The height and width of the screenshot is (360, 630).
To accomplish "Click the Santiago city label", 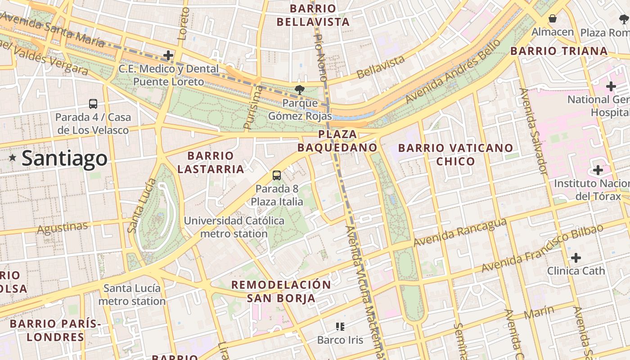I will [x=64, y=158].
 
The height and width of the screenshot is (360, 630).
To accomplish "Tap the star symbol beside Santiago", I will [x=13, y=158].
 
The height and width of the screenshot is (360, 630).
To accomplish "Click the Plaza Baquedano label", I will [x=337, y=141].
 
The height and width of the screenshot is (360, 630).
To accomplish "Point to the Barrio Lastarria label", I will [x=211, y=162].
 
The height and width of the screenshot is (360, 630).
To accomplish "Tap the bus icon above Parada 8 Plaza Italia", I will [x=277, y=175].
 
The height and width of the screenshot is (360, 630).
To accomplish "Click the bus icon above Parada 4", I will [x=93, y=104].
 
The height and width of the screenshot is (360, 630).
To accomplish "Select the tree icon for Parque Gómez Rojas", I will [x=299, y=90].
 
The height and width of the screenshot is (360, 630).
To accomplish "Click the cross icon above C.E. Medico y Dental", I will [x=168, y=55].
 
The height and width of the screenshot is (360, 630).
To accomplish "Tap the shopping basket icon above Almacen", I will [x=552, y=18].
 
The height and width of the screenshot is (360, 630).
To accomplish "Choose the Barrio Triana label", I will [x=559, y=51].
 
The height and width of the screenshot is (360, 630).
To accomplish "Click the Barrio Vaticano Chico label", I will [x=455, y=154].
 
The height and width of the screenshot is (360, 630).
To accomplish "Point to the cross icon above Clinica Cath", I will [x=576, y=258].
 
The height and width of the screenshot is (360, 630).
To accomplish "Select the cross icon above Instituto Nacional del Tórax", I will [x=598, y=170].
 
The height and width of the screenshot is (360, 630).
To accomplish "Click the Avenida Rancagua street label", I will [x=460, y=233].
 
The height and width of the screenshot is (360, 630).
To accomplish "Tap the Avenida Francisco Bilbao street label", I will [x=542, y=248].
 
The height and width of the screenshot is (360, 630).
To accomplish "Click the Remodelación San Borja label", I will [x=281, y=291].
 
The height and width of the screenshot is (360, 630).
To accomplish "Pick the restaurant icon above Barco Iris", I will [x=340, y=326].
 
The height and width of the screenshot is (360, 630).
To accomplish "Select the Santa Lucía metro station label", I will [x=132, y=295].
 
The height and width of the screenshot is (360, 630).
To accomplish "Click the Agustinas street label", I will [x=62, y=228].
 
